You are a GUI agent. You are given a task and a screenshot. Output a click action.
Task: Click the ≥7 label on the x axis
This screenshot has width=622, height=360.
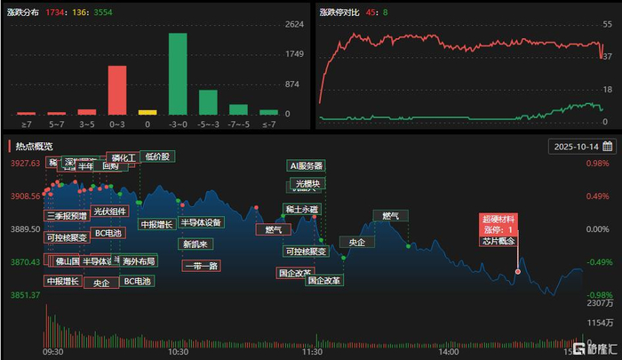27,126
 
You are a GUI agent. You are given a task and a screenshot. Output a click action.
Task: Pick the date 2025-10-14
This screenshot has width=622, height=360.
576,146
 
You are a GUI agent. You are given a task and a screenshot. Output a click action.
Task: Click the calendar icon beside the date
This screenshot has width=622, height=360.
608,146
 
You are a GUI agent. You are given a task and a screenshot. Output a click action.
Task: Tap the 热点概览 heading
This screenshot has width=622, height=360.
34,146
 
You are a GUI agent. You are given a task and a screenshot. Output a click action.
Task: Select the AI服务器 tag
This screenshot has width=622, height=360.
307,165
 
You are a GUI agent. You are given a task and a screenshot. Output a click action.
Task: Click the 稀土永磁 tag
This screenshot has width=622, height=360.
301,210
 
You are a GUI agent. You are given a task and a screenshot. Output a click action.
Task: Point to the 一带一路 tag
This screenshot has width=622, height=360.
200,265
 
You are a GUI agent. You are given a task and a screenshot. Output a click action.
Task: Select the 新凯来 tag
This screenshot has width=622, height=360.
195,244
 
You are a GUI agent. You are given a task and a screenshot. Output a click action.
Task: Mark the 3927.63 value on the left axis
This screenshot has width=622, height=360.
20,164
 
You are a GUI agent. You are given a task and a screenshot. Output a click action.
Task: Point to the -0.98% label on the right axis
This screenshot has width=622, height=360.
598,294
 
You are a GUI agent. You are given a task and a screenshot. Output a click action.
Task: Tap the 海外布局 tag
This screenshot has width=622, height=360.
139,261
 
